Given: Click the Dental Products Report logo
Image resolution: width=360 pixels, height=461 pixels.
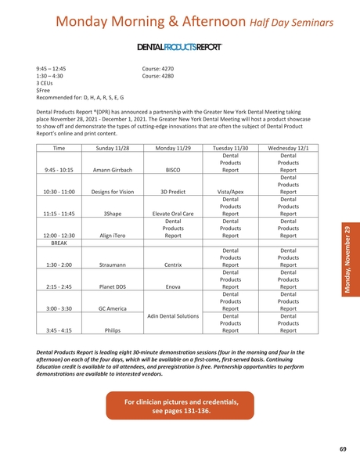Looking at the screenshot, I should [x=179, y=47].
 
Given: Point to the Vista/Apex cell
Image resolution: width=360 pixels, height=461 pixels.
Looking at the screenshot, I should [x=229, y=190].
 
